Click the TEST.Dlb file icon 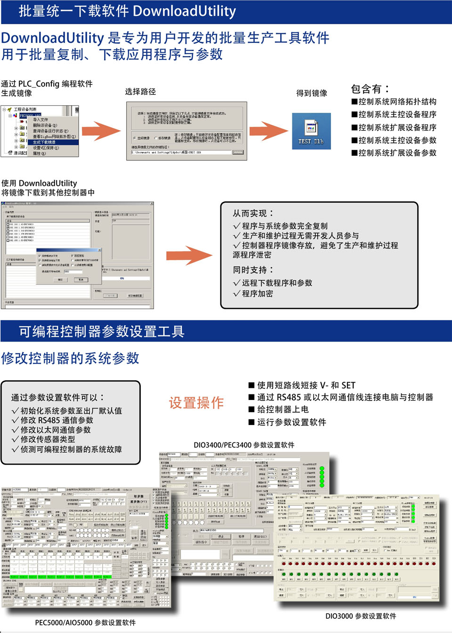311,130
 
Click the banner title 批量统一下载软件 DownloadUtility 127,11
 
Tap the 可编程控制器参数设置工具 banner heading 102,331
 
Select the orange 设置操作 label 196,403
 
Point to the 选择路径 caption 140,92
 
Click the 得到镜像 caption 311,93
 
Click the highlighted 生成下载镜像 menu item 45,142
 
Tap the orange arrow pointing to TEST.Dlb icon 268,131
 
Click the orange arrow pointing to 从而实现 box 189,256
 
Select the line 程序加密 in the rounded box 257,294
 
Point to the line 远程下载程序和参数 277,283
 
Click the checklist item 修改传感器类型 48,439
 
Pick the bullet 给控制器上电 282,409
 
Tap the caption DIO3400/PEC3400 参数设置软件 244,445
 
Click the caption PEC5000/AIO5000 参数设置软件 85,623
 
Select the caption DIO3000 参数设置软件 361,616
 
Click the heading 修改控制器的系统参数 70,359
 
